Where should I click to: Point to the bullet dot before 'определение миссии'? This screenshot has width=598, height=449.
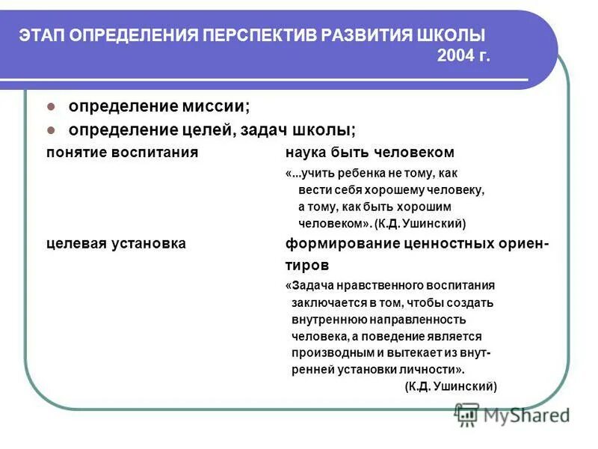(51, 106)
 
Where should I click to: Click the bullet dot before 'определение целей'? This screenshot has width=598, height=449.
(51, 129)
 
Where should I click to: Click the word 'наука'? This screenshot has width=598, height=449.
(306, 152)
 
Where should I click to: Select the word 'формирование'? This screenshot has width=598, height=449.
(338, 244)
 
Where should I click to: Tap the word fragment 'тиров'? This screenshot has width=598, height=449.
(306, 265)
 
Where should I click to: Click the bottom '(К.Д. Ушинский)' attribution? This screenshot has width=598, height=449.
(451, 386)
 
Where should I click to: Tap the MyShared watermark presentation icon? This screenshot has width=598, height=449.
(466, 414)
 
